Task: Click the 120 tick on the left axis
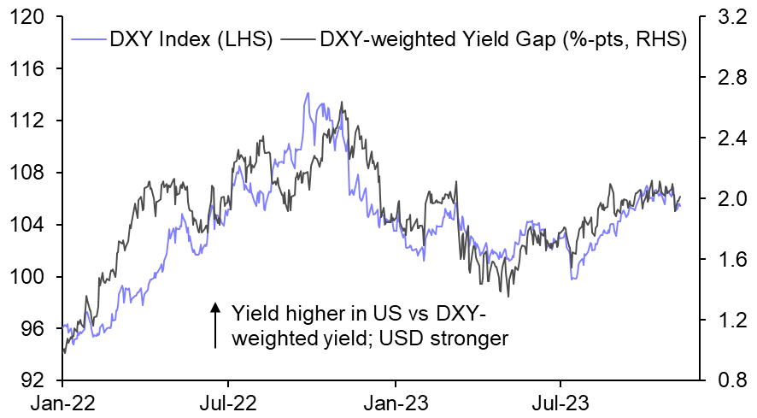click(31, 16)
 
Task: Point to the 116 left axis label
click(31, 68)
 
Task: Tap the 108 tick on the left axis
click(31, 173)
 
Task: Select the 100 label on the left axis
click(31, 277)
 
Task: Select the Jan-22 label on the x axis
click(64, 401)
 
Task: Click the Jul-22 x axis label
click(228, 401)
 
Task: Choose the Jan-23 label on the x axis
click(395, 401)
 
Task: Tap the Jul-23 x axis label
click(560, 401)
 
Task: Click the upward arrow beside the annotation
click(214, 324)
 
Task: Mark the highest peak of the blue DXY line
click(307, 93)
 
